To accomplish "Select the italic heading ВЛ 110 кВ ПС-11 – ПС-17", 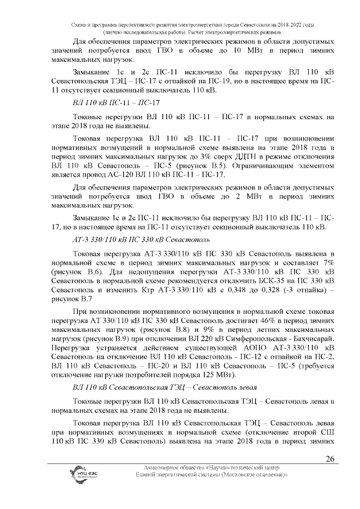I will tap(116, 104).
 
